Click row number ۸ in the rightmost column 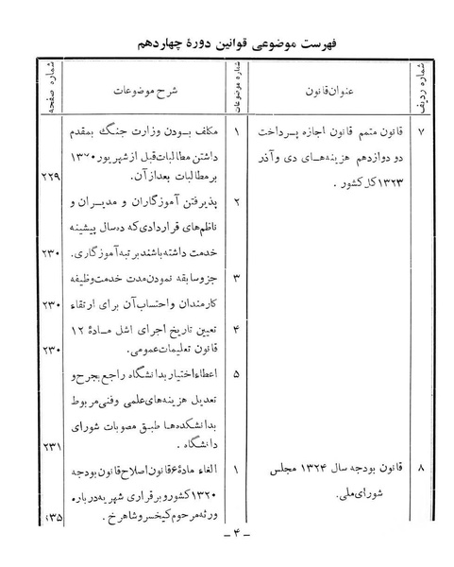pyautogui.click(x=420, y=469)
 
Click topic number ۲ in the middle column pyautogui.click(x=235, y=202)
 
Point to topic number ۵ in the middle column pyautogui.click(x=235, y=374)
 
